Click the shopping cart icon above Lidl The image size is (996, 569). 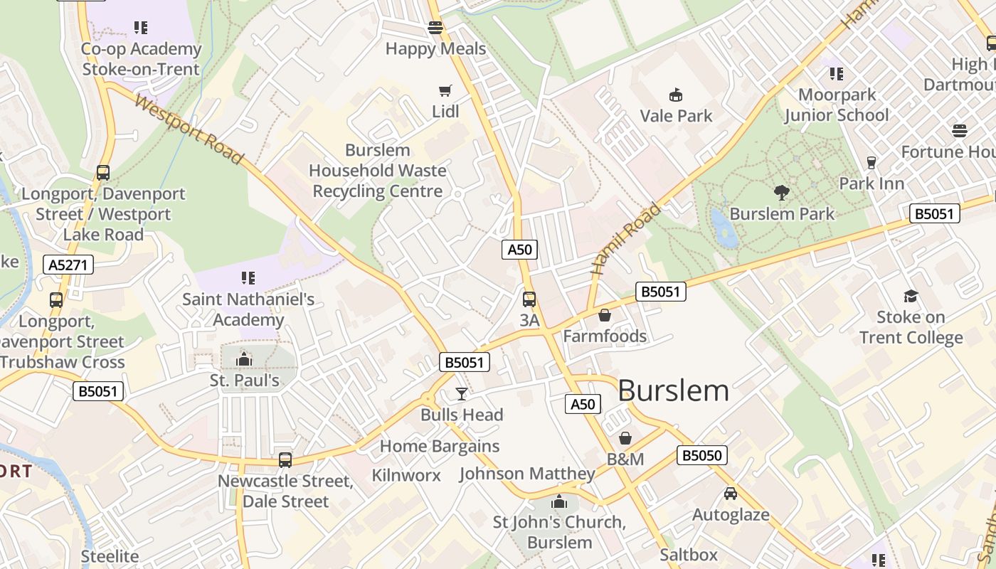445,90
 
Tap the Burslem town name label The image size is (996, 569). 673,390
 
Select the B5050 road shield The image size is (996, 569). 701,455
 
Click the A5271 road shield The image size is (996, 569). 68,265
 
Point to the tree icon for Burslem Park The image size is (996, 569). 781,192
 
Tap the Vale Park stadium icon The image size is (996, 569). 675,95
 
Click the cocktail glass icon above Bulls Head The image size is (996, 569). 462,393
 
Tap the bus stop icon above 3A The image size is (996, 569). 529,299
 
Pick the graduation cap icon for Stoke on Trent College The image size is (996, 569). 911,296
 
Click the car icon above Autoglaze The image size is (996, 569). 731,494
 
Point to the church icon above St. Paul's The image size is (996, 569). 244,359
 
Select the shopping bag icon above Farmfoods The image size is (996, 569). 605,315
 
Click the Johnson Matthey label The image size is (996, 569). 527,474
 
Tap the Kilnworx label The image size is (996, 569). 406,475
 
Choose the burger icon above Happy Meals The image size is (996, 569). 435,28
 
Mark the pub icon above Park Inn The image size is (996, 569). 871,162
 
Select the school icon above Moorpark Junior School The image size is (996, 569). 837,73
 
